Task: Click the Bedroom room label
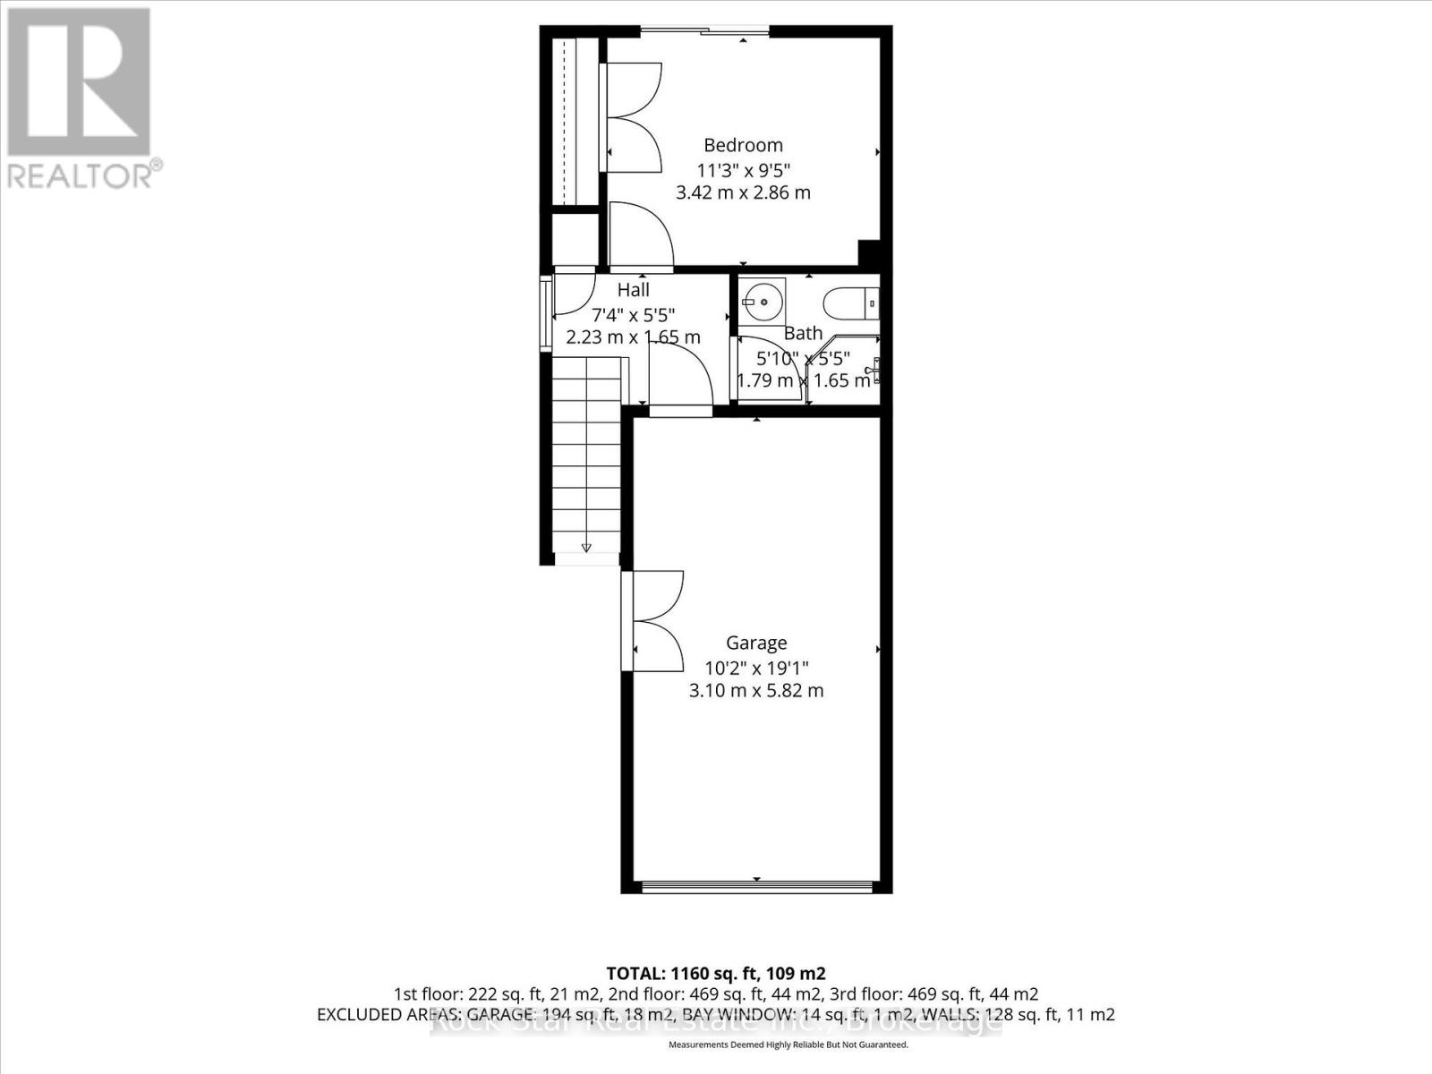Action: pyautogui.click(x=743, y=145)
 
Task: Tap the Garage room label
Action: pyautogui.click(x=756, y=643)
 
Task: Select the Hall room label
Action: pyautogui.click(x=634, y=290)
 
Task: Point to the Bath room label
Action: pyautogui.click(x=803, y=333)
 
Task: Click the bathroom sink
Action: pyautogui.click(x=762, y=302)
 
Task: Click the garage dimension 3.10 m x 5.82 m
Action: pyautogui.click(x=756, y=691)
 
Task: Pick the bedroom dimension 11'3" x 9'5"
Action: pyautogui.click(x=743, y=169)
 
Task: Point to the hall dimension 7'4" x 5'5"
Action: pyautogui.click(x=634, y=314)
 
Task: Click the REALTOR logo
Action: pyautogui.click(x=81, y=98)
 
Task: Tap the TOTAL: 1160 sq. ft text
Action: pyautogui.click(x=715, y=974)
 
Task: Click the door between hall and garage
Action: pyautogui.click(x=680, y=376)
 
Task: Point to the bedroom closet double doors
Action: pyautogui.click(x=634, y=117)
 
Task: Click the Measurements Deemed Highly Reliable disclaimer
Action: pyautogui.click(x=788, y=1044)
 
